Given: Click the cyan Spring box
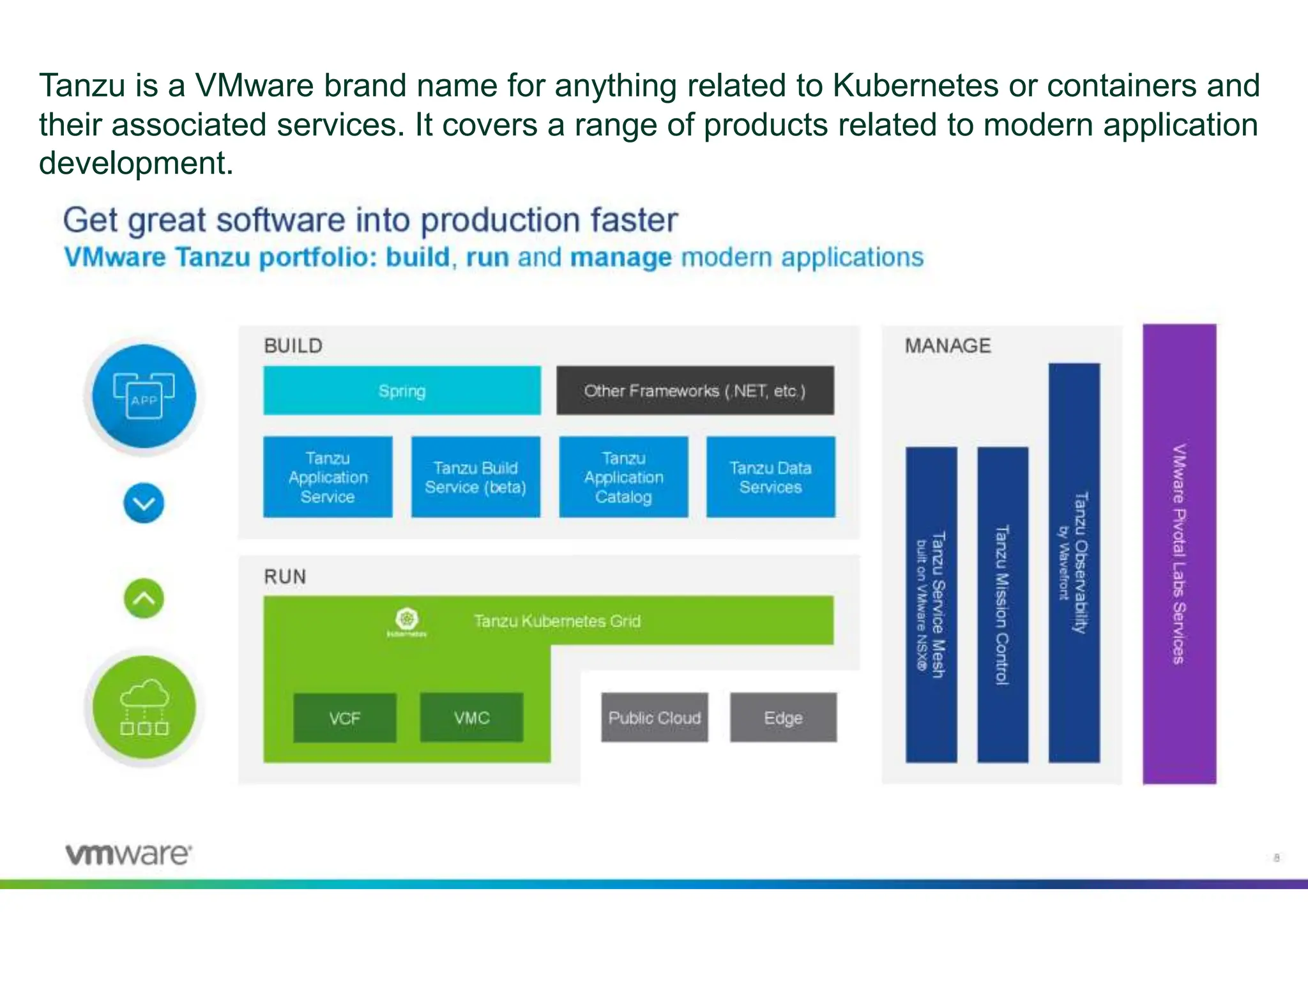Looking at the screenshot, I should click(x=402, y=390).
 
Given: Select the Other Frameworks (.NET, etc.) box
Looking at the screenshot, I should click(x=695, y=390).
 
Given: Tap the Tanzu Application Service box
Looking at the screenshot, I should click(x=328, y=477).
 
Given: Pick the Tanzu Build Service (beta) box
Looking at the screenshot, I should click(x=475, y=477).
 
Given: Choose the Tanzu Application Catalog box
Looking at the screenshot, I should click(x=623, y=477).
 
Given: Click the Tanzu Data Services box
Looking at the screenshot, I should click(x=770, y=477).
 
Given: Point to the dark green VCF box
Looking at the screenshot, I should click(x=345, y=718).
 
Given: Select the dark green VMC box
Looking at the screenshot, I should click(x=471, y=718).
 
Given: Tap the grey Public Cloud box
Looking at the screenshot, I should click(x=655, y=718).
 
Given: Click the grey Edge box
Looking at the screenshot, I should click(x=783, y=718).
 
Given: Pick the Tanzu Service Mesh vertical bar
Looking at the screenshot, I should click(x=931, y=604).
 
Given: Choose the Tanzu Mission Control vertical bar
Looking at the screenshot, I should click(x=1003, y=604).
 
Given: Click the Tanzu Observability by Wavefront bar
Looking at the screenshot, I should click(x=1074, y=562).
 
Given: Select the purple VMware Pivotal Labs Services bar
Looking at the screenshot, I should click(x=1179, y=554).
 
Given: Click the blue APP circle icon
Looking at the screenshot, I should click(x=144, y=396).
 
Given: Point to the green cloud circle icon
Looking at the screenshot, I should click(x=144, y=707).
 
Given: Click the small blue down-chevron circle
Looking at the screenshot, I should click(x=144, y=503).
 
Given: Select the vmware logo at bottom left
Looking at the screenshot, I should click(x=128, y=854).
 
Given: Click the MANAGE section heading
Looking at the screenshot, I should click(x=948, y=346).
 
